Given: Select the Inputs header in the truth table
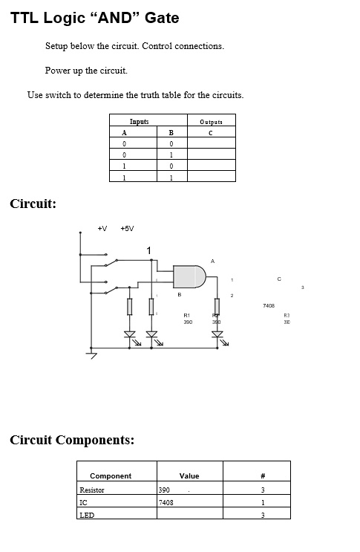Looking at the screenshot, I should click(x=140, y=121).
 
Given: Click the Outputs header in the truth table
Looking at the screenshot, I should click(x=211, y=121).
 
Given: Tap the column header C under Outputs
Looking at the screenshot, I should click(x=211, y=132).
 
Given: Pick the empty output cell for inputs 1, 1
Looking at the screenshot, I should click(x=211, y=177).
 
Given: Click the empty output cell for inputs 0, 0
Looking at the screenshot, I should click(x=211, y=143).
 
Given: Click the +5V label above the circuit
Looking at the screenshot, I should click(x=127, y=228).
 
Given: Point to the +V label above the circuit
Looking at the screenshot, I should click(x=102, y=228).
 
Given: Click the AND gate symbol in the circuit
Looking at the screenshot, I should click(x=190, y=277).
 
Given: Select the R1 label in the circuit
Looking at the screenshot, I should click(x=188, y=315).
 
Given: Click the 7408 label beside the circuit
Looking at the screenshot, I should click(x=269, y=305).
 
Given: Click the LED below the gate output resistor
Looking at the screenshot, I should click(x=217, y=334).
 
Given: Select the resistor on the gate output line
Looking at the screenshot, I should click(x=217, y=306).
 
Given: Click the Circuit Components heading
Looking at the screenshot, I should click(x=72, y=440).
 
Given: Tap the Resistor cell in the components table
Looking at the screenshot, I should click(x=92, y=490).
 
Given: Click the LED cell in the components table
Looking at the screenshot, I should click(x=87, y=514).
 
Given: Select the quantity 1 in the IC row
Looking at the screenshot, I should click(x=263, y=502).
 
